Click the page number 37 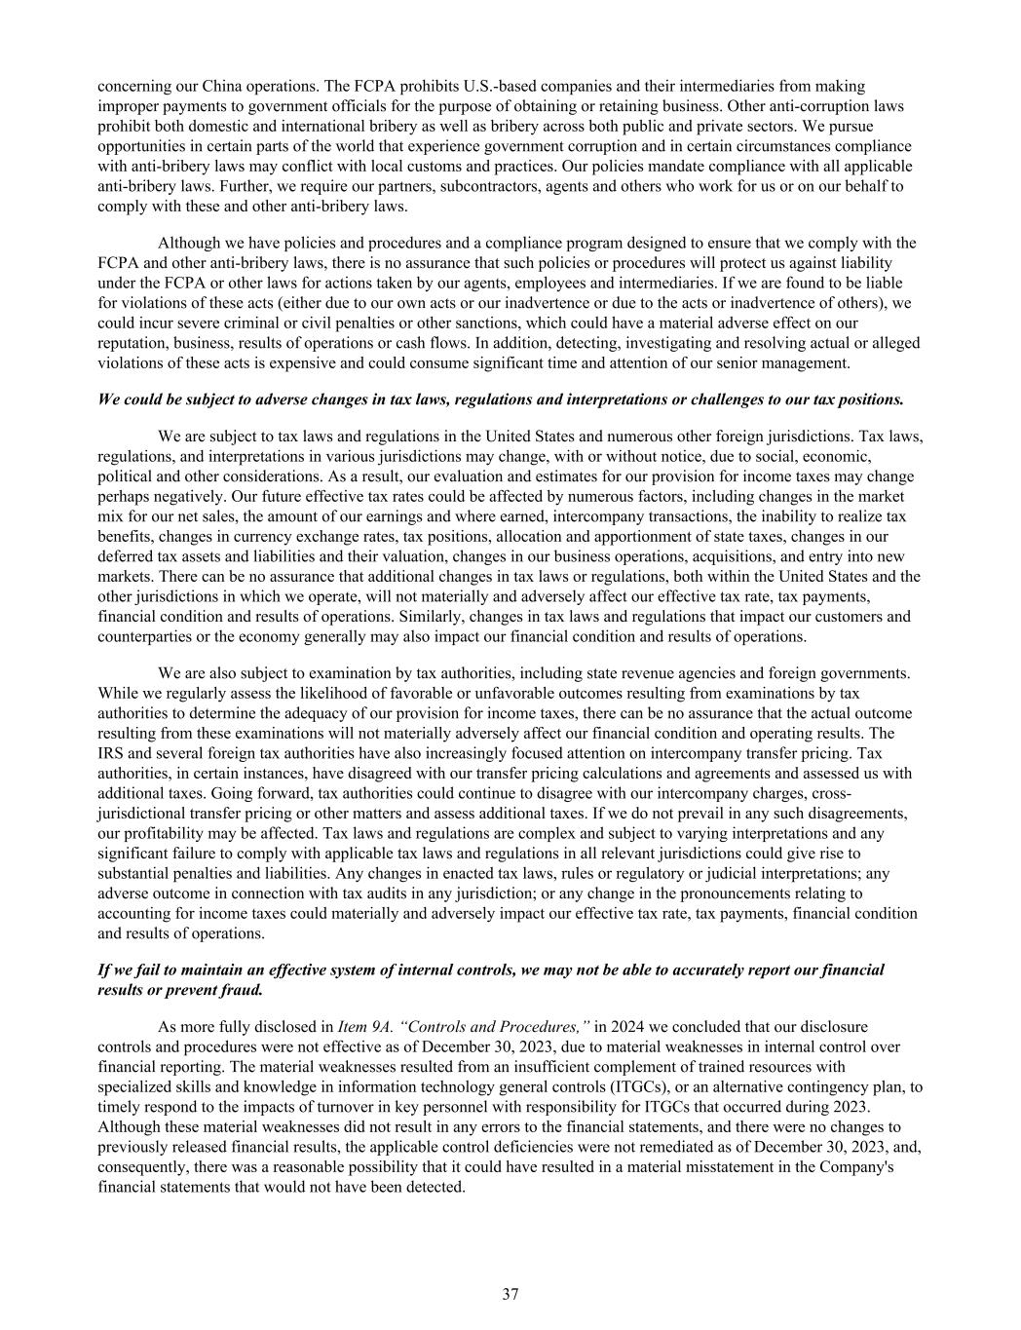tap(510, 1294)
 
